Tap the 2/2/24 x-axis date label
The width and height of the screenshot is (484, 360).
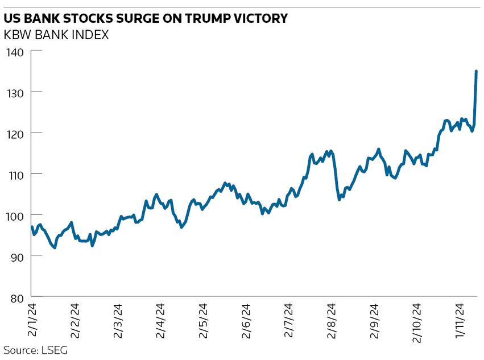74,321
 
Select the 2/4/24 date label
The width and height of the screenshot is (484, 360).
160,321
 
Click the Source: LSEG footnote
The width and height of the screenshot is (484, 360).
35,350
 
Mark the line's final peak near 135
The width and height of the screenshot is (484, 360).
476,71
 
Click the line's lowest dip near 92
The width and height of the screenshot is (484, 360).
55,247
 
